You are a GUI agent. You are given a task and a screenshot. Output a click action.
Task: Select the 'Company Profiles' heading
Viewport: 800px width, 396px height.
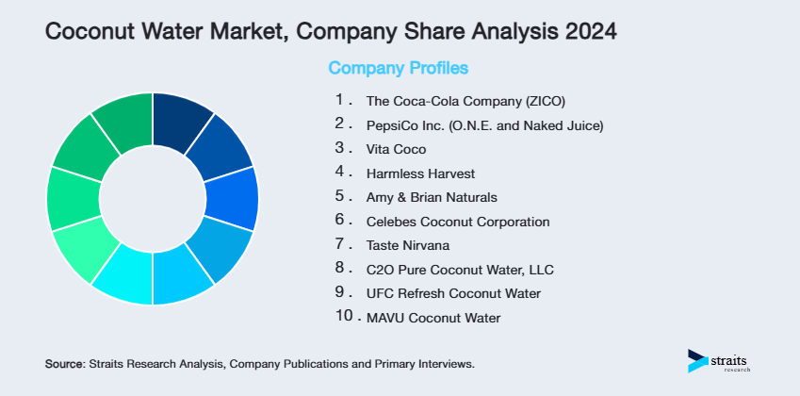pos(398,68)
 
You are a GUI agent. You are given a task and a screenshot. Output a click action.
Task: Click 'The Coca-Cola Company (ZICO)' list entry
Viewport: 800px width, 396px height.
pos(465,100)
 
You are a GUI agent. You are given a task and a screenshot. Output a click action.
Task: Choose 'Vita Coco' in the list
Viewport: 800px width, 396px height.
pos(396,149)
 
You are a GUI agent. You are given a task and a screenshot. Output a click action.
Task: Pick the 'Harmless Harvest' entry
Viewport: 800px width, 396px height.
pos(420,173)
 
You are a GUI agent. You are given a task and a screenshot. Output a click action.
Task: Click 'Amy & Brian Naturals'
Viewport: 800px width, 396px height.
pos(431,197)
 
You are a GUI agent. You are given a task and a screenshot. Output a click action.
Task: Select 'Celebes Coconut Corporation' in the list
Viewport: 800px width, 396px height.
pos(457,222)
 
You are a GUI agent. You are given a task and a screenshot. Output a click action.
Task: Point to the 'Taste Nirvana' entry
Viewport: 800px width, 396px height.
pos(408,245)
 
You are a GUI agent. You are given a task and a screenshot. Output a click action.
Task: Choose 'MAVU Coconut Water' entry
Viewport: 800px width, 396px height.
pos(433,319)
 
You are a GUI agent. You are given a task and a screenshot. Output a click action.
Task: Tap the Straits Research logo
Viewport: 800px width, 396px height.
pos(722,361)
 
